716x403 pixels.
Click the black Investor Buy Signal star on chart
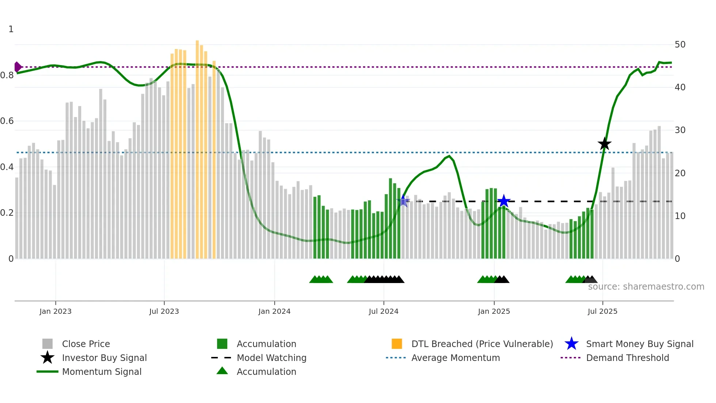pos(604,144)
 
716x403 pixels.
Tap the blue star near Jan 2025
pos(503,201)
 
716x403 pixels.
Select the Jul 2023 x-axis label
pos(164,311)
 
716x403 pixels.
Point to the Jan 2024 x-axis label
pos(274,311)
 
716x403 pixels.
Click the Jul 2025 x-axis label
pos(602,311)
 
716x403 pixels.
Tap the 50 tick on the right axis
pos(680,45)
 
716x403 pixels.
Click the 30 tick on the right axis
pos(680,130)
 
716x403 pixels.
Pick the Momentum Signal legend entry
pos(102,372)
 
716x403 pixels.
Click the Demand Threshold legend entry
pos(627,358)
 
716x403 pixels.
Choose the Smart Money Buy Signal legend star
pos(571,344)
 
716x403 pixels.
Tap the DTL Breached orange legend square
pos(397,344)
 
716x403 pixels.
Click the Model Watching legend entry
pos(271,358)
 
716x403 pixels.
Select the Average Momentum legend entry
pos(455,358)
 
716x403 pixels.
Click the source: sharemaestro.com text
pos(646,287)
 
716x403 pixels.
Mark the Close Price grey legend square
pos(47,344)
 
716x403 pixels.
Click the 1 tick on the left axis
pos(11,29)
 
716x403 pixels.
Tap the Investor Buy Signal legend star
pos(47,358)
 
